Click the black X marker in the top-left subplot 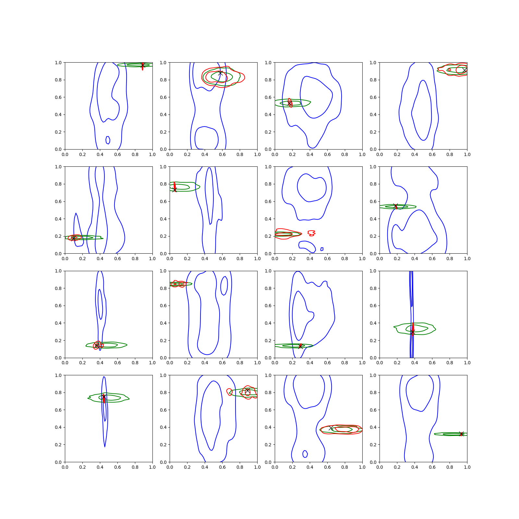142,66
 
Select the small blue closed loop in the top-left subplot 108,140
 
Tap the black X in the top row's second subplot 220,73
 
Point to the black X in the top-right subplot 465,70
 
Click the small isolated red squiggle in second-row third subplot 311,233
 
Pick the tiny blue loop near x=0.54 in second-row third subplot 322,249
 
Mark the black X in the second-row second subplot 175,190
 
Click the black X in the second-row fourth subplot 395,206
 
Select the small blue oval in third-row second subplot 224,286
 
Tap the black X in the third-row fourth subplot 413,332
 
